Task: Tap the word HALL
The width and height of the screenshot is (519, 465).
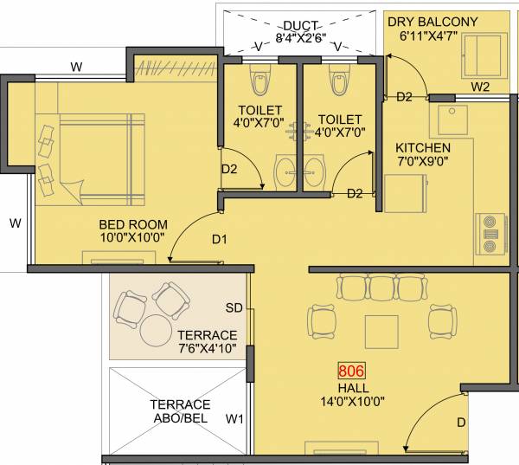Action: pyautogui.click(x=350, y=387)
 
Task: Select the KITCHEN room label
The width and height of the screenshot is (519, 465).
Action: pyautogui.click(x=423, y=147)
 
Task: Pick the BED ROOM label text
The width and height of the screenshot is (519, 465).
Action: pyautogui.click(x=132, y=224)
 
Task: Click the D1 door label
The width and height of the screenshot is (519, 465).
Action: pyautogui.click(x=220, y=238)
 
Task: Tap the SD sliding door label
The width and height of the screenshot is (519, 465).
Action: pyautogui.click(x=234, y=307)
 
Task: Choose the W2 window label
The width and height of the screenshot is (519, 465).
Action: pyautogui.click(x=481, y=87)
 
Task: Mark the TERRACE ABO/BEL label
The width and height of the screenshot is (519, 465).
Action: pyautogui.click(x=181, y=411)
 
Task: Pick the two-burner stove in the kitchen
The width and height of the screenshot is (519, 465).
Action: pyautogui.click(x=491, y=233)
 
